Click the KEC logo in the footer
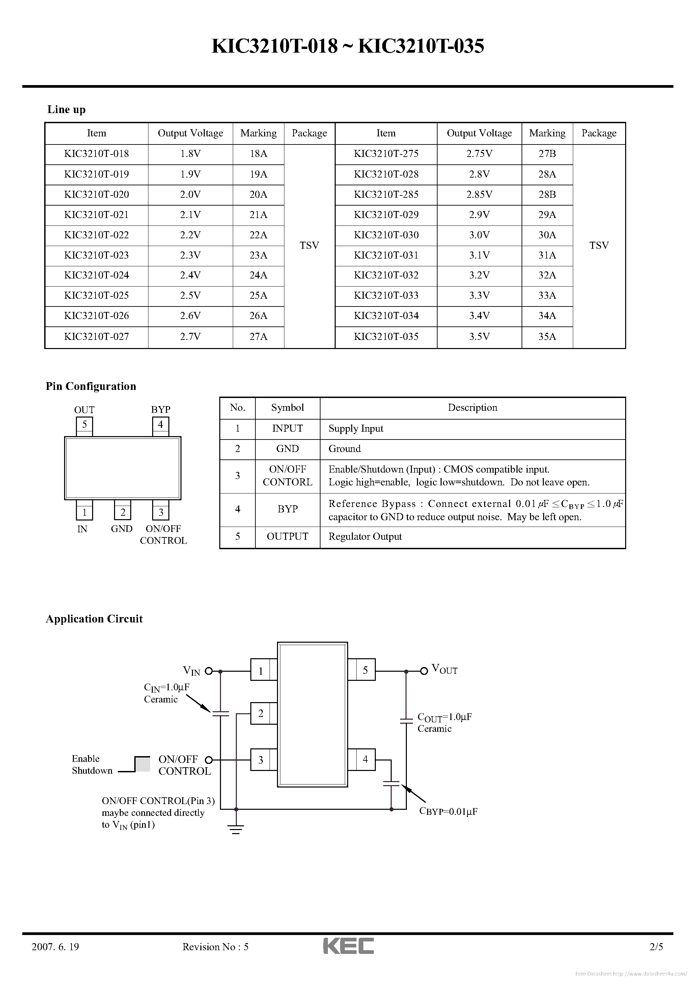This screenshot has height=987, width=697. [x=348, y=946]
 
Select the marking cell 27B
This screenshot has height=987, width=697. [x=547, y=154]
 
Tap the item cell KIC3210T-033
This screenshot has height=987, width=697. [x=386, y=296]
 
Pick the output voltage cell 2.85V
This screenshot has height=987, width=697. [x=479, y=195]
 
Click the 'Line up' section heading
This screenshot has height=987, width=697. [x=66, y=110]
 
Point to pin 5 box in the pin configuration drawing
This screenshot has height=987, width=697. [x=85, y=425]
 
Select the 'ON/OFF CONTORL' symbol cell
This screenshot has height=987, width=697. [x=287, y=476]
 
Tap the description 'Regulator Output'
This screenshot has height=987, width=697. [x=365, y=536]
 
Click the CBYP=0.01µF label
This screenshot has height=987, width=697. [x=448, y=811]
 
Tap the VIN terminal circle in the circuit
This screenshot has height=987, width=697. [x=209, y=671]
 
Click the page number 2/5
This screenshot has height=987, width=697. [x=657, y=946]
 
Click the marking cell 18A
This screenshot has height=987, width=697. [x=258, y=154]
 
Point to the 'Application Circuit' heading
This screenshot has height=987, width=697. [x=94, y=619]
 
